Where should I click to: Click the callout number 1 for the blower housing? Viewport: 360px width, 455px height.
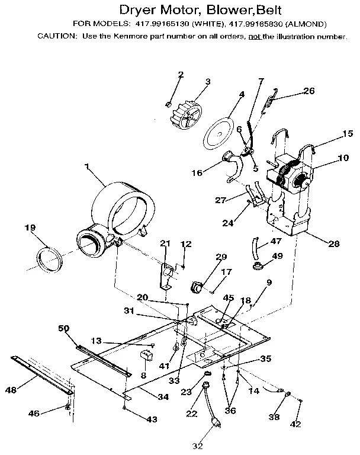(88, 168)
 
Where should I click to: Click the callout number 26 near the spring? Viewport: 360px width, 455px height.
(308, 91)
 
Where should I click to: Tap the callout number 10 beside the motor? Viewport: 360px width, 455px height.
(327, 159)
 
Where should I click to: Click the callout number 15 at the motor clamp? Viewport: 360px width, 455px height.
(331, 134)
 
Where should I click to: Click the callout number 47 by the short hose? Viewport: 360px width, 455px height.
(276, 242)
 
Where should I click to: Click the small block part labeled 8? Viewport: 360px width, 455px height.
(145, 357)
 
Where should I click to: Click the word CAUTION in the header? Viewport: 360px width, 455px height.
(56, 37)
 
